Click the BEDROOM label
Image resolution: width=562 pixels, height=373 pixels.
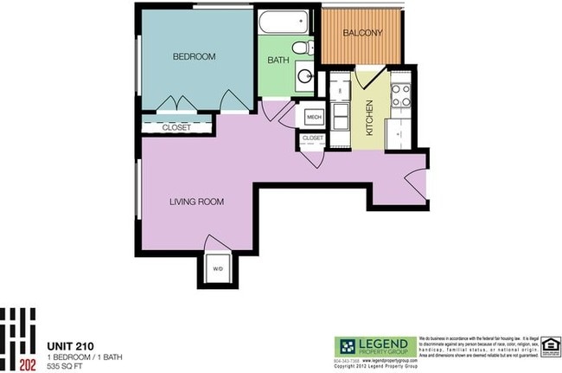click(194, 57)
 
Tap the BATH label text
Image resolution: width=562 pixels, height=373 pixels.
click(278, 61)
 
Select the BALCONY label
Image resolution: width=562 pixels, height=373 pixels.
click(362, 34)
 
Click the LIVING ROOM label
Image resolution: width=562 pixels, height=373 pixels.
click(196, 203)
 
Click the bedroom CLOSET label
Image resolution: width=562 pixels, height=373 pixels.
click(176, 127)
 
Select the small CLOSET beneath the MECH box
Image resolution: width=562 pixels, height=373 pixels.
click(312, 138)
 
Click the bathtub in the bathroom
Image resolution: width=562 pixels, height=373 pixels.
click(283, 20)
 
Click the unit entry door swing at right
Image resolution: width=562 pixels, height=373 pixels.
click(414, 181)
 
